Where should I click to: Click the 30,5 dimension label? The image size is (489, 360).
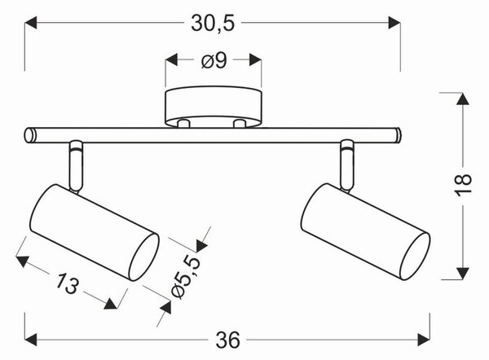[x=213, y=23]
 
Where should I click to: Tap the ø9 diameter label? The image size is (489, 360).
[x=214, y=60]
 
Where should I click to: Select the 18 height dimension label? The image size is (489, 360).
[x=463, y=185]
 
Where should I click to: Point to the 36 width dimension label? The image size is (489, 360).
[x=228, y=340]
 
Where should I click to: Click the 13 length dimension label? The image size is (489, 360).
[x=68, y=283]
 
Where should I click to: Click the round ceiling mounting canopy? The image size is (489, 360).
[x=214, y=108]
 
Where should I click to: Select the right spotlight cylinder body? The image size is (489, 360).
[x=365, y=231]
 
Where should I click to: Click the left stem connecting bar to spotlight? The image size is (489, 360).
[x=76, y=166]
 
